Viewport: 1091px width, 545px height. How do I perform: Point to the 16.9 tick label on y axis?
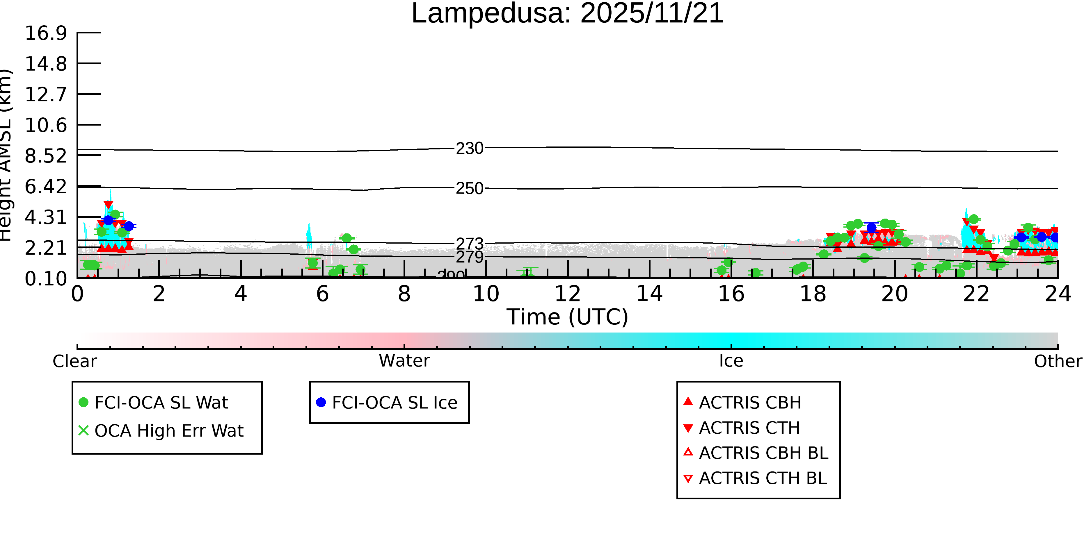click(x=46, y=33)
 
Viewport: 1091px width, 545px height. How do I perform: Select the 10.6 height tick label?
click(x=46, y=125)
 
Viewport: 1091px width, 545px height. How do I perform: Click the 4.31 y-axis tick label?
click(x=46, y=217)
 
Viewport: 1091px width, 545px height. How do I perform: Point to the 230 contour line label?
click(x=469, y=149)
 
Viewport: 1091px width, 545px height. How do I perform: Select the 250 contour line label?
click(x=469, y=189)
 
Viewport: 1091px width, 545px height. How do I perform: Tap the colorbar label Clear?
click(x=74, y=361)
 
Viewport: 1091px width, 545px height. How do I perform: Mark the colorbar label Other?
click(x=1058, y=361)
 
